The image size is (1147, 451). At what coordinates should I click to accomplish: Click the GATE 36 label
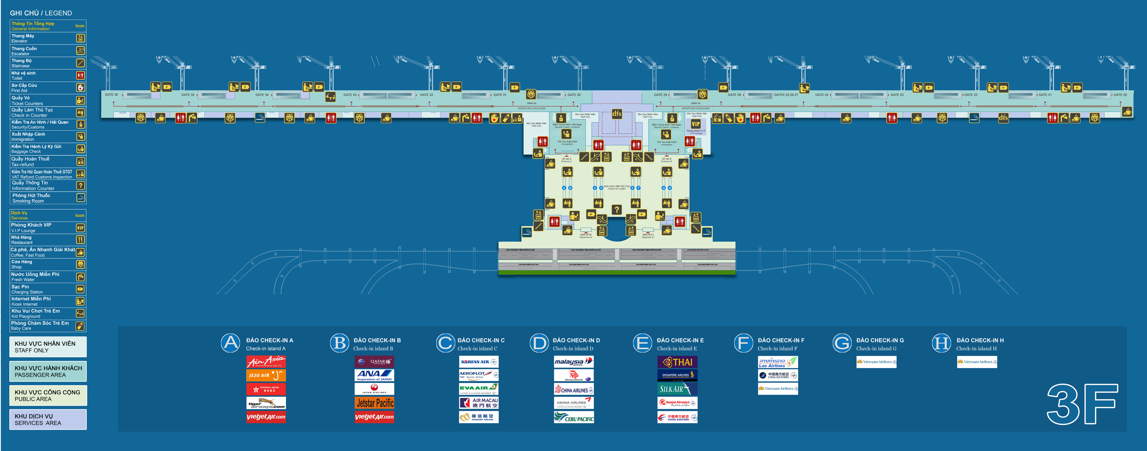111,95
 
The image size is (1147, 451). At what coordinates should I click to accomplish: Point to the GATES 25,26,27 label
786,95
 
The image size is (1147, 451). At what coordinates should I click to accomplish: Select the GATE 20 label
1120,95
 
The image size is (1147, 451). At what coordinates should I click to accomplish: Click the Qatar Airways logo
374,362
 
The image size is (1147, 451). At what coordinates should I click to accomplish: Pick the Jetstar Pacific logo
374,403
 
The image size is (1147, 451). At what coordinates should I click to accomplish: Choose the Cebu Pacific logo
574,417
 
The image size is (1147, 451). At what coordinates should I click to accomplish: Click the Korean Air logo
479,362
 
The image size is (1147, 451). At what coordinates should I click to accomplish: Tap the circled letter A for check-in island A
231,343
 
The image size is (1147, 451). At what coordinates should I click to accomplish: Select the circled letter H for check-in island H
941,343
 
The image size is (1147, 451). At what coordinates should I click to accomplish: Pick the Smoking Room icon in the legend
81,198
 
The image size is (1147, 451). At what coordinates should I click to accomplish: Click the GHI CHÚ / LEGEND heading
41,13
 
